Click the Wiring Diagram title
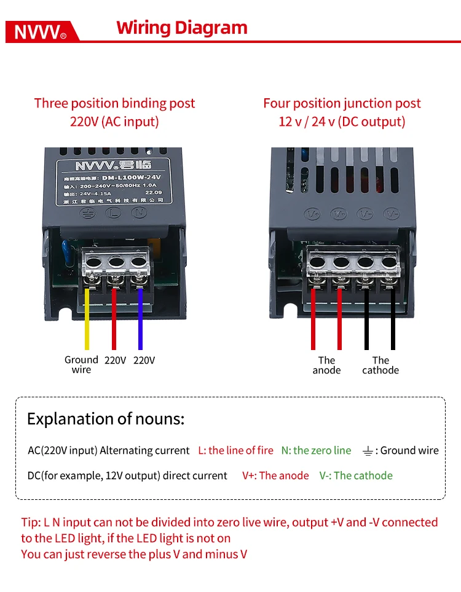182,28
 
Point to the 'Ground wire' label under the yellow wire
81,365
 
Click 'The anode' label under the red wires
326,365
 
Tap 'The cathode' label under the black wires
380,365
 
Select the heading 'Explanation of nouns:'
106,419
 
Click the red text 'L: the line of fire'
235,451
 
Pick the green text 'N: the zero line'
316,451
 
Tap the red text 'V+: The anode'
275,475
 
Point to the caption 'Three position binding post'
114,103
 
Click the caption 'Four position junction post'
342,103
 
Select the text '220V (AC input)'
114,122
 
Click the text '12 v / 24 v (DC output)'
342,122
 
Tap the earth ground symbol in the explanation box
367,451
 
